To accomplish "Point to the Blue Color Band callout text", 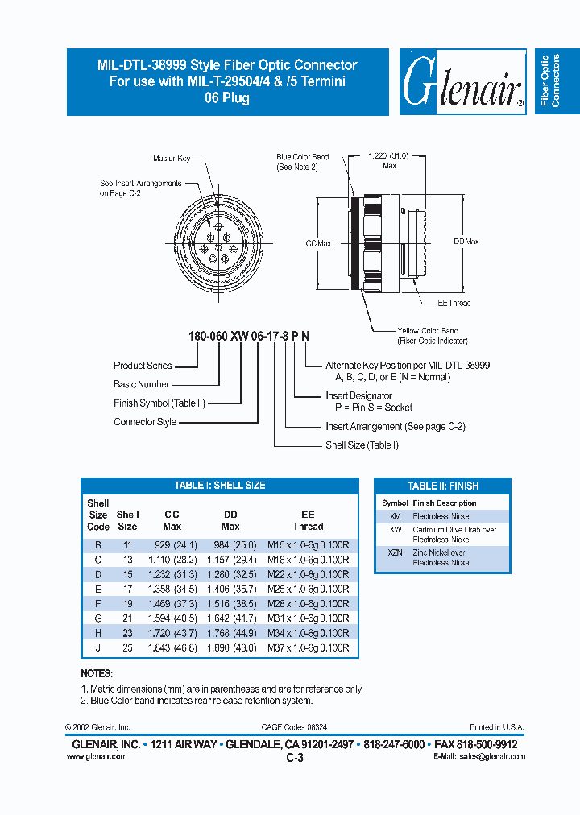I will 302,162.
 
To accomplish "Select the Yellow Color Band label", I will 427,335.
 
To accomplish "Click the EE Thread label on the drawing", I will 454,303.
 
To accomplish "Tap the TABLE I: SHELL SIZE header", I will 220,486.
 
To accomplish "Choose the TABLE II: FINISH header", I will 442,486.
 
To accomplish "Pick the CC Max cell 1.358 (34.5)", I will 172,589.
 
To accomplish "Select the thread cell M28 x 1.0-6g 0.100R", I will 308,603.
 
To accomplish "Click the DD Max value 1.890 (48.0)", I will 232,647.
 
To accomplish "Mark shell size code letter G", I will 97,618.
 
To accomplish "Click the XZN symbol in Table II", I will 395,553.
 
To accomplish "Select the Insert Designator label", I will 358,395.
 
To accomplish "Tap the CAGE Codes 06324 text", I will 294,726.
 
